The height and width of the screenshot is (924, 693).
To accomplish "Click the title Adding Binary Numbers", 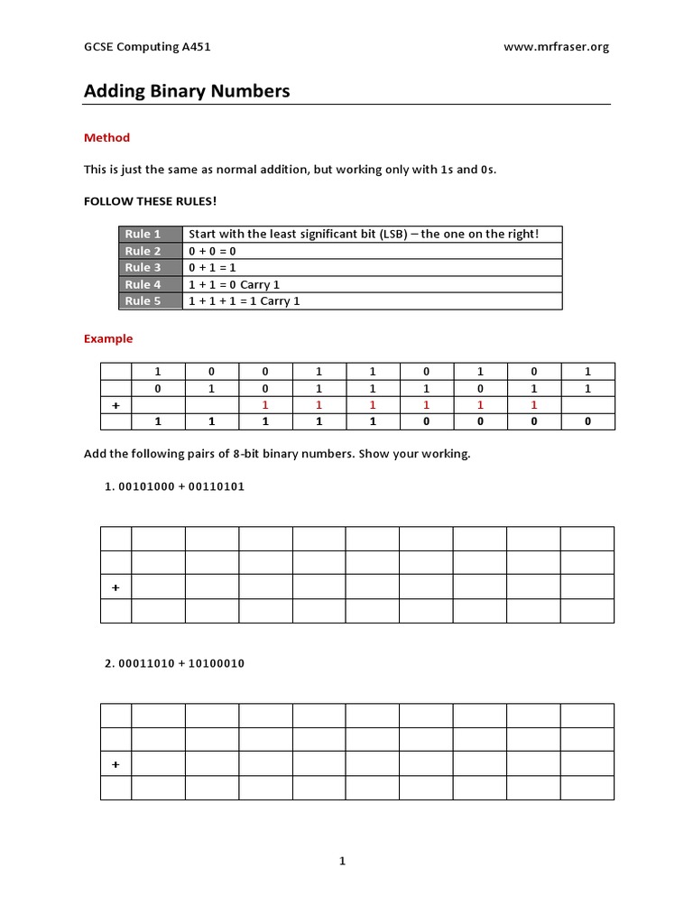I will [187, 91].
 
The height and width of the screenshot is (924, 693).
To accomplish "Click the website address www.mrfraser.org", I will [556, 47].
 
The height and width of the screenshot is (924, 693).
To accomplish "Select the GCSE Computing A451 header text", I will [147, 47].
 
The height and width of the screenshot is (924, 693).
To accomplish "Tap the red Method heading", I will [106, 138].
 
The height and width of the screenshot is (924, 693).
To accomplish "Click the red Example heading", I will [108, 339].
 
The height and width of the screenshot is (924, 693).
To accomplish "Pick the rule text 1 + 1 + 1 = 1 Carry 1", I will [244, 301].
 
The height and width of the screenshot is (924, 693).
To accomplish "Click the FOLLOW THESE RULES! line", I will [151, 200].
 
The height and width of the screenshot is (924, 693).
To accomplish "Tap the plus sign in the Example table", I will [115, 406].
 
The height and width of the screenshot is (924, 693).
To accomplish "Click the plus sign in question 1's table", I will [115, 587].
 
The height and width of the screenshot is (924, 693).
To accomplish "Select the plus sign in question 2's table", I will [115, 764].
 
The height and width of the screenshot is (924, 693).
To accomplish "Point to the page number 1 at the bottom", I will [343, 862].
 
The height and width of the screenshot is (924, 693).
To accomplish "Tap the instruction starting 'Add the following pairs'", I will [277, 454].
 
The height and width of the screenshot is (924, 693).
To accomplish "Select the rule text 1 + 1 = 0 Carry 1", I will [234, 285].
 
